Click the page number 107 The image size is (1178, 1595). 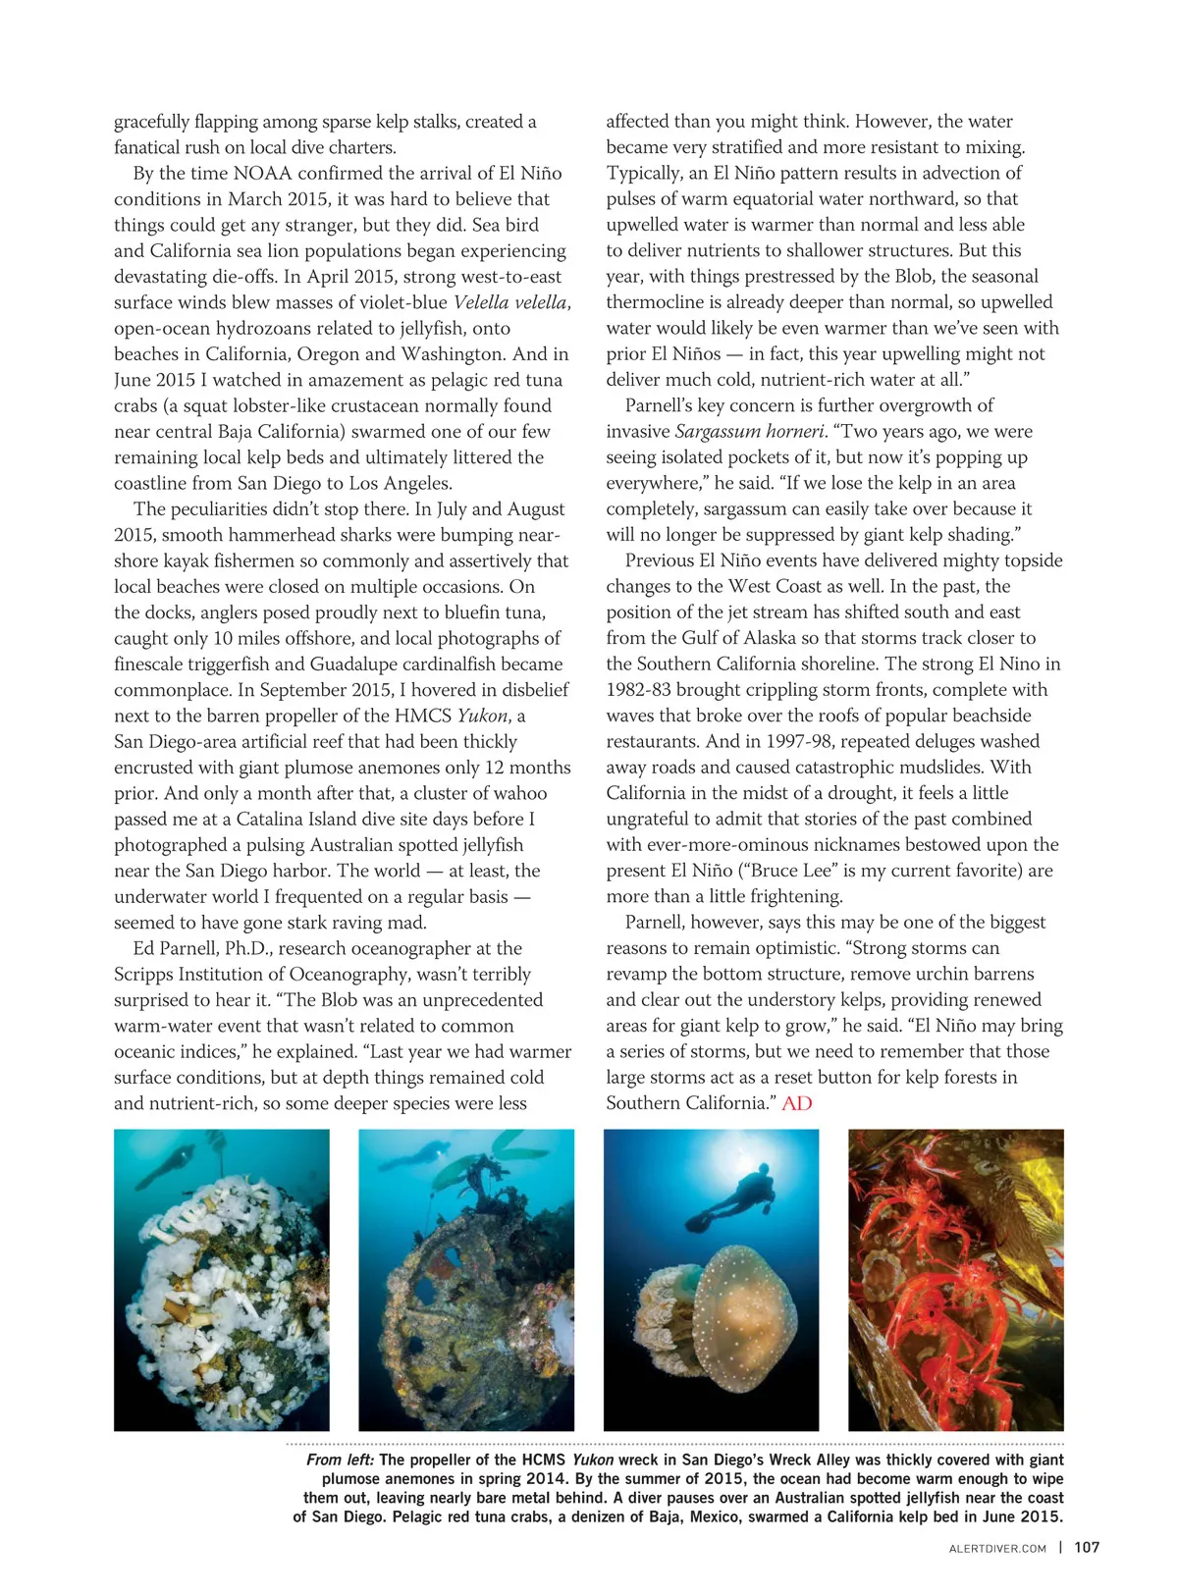[x=1087, y=1548]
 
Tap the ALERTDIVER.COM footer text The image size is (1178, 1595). [x=997, y=1549]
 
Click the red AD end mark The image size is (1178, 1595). [x=797, y=1103]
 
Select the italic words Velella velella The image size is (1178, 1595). [x=510, y=302]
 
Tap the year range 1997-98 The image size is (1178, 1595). [x=785, y=742]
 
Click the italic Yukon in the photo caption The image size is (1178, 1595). [x=593, y=1461]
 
